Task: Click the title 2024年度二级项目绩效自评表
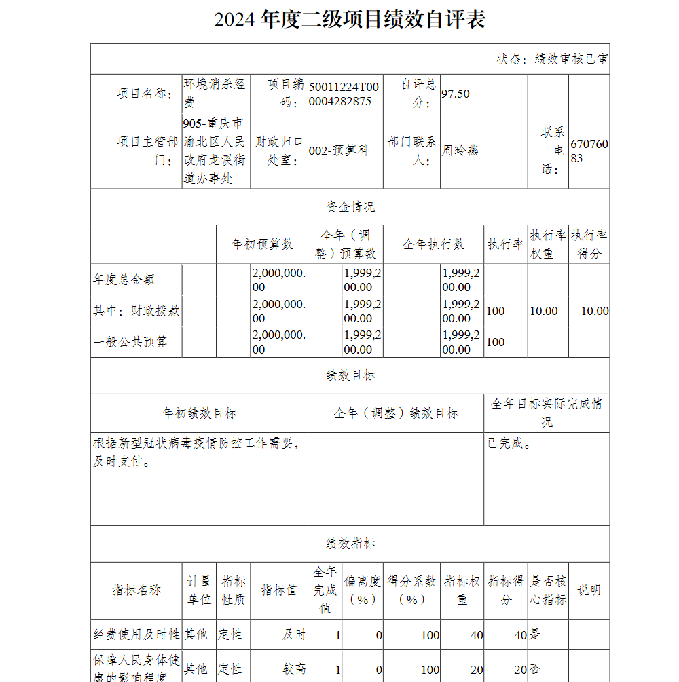click(x=350, y=20)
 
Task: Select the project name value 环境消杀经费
click(x=215, y=94)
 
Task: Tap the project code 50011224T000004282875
click(x=344, y=94)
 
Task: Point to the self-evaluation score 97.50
click(x=456, y=94)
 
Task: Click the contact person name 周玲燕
click(x=460, y=150)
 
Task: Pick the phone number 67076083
click(x=589, y=151)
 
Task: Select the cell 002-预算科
click(x=339, y=151)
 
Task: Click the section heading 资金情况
click(x=350, y=207)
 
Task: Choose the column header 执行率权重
click(x=548, y=244)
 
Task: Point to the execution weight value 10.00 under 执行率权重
click(x=544, y=311)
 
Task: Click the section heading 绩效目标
click(x=350, y=375)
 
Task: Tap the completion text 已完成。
click(x=509, y=444)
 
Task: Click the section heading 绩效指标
click(x=350, y=544)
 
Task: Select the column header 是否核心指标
click(x=548, y=590)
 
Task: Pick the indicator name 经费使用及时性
click(x=136, y=634)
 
